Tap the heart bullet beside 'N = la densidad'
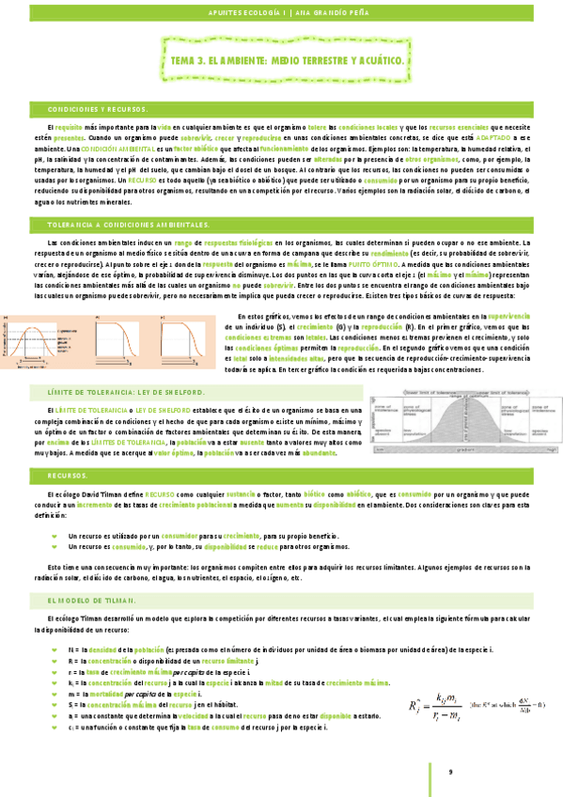click(55, 651)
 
